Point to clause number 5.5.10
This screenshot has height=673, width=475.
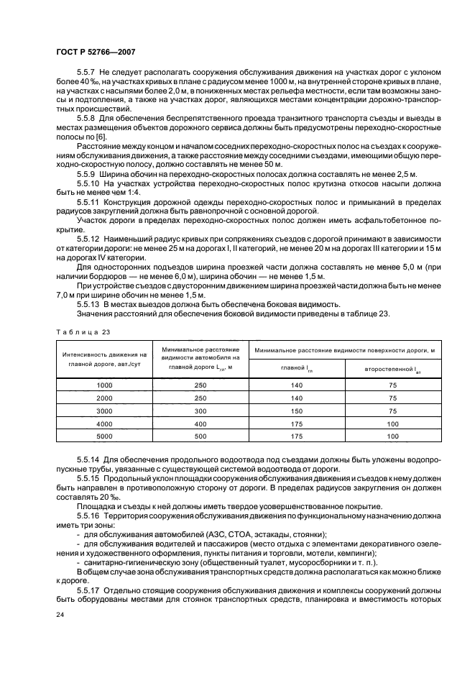point(89,183)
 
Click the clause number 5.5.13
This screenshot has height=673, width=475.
point(89,284)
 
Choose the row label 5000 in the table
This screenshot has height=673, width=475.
point(105,436)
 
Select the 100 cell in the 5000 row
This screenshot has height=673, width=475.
point(392,436)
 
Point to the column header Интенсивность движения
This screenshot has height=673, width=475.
point(104,354)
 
